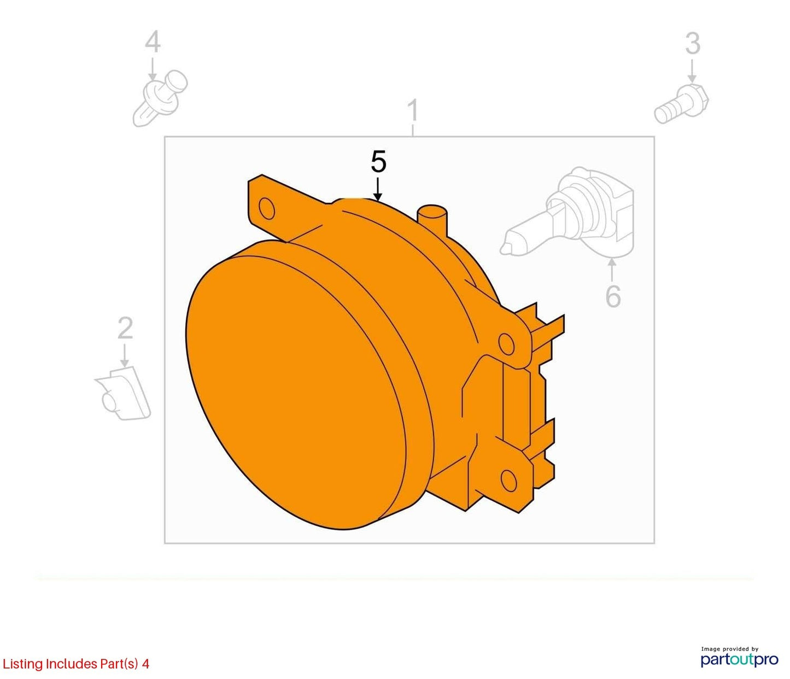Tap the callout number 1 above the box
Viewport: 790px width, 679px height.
pyautogui.click(x=412, y=110)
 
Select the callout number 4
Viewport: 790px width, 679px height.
pyautogui.click(x=153, y=43)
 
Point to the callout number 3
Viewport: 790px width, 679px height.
pyautogui.click(x=693, y=43)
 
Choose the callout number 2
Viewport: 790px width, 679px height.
pyautogui.click(x=125, y=327)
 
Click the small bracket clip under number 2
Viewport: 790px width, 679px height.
pyautogui.click(x=123, y=393)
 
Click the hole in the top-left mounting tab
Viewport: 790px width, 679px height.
pyautogui.click(x=266, y=208)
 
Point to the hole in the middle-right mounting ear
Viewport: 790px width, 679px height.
pyautogui.click(x=506, y=343)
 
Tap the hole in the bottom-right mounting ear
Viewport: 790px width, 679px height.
pyautogui.click(x=508, y=481)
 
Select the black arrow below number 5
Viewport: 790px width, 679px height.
pyautogui.click(x=378, y=189)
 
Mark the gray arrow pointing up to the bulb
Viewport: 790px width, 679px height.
pyautogui.click(x=612, y=271)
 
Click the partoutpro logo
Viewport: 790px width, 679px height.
pyautogui.click(x=740, y=659)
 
